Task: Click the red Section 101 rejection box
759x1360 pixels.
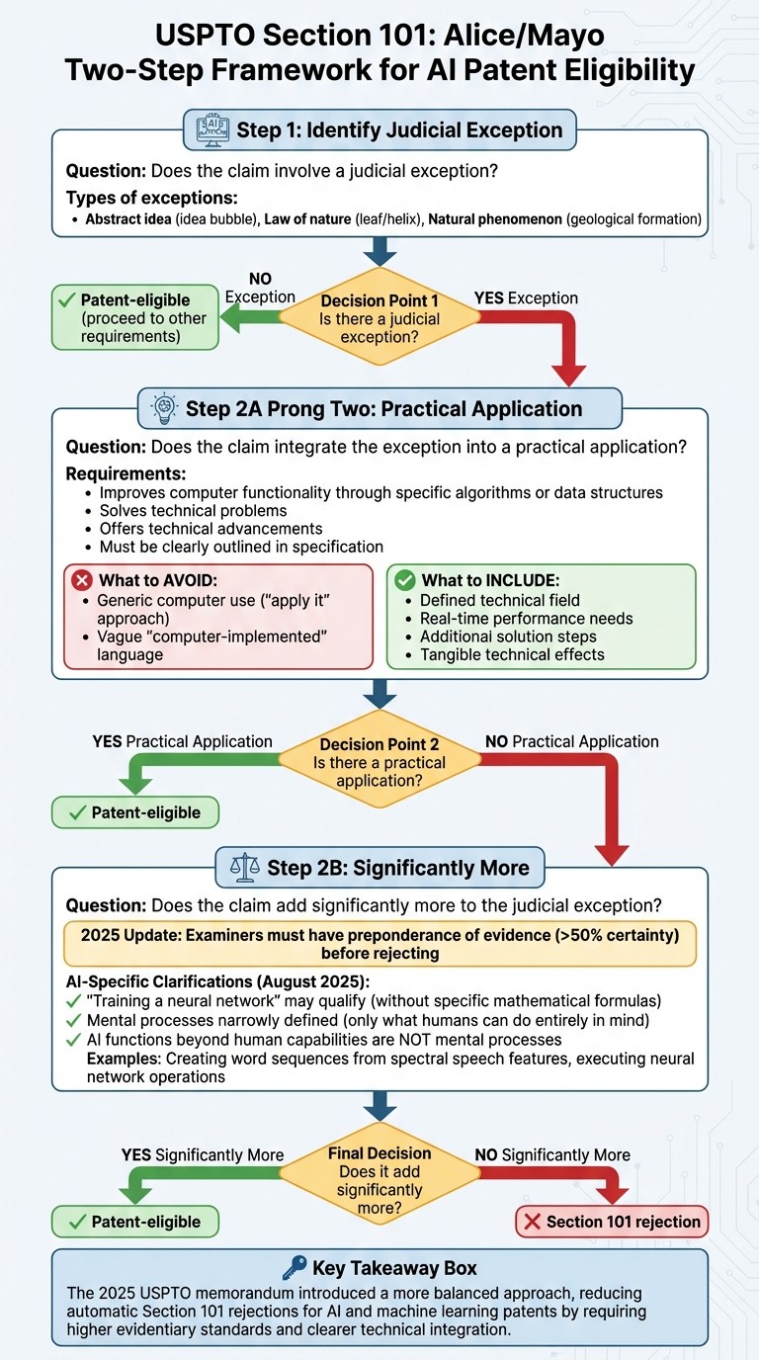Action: point(612,1222)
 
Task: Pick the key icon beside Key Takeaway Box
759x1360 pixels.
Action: point(295,1269)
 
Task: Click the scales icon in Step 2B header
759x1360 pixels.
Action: point(242,868)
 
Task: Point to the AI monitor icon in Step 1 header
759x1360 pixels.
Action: point(211,129)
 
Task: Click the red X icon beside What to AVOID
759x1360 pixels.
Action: point(80,580)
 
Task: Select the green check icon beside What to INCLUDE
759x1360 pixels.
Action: point(404,580)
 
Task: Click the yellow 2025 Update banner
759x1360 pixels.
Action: point(379,944)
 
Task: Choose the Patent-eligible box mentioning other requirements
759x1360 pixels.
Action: point(135,318)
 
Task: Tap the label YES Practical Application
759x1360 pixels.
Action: point(182,741)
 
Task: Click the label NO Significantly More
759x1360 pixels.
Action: point(551,1154)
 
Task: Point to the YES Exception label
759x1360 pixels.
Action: point(527,297)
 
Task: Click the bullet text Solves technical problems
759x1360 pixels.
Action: point(193,510)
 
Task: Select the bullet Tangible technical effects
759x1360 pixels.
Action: point(512,653)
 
